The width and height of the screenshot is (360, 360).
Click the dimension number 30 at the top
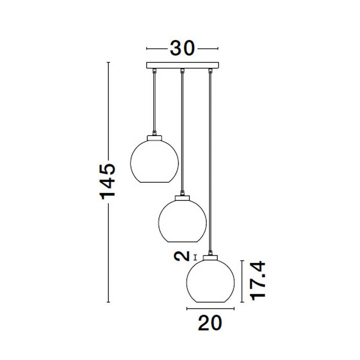[x=182, y=48]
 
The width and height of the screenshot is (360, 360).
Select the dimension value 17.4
[x=258, y=281]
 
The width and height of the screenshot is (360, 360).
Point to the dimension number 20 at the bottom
[x=210, y=323]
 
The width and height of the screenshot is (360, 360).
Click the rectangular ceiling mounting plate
[x=182, y=65]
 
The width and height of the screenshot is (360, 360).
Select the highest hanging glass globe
[x=154, y=162]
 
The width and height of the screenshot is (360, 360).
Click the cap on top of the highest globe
[x=154, y=138]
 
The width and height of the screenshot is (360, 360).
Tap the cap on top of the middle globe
[x=182, y=197]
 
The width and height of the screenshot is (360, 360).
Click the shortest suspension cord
[x=154, y=102]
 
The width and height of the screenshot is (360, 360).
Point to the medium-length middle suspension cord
[x=182, y=132]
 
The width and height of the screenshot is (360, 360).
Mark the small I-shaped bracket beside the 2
[x=196, y=257]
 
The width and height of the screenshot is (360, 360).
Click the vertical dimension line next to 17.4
[x=242, y=281]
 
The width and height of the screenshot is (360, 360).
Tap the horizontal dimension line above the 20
[x=210, y=308]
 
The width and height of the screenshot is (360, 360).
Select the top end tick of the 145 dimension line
[x=109, y=62]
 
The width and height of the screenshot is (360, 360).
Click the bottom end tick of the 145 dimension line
[x=109, y=302]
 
